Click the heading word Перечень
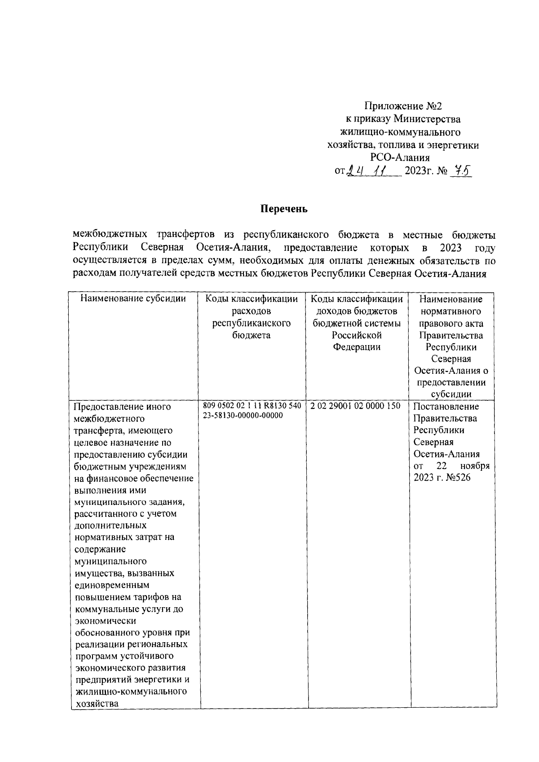[284, 209]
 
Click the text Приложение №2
[403, 106]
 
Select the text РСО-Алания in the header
[400, 158]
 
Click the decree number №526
[457, 477]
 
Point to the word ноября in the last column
[475, 466]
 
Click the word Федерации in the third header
[357, 347]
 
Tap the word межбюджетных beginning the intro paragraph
[110, 235]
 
